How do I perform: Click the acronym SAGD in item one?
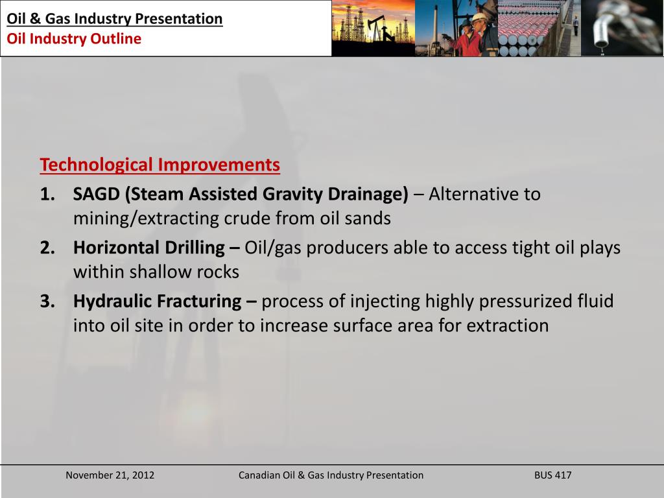coord(96,194)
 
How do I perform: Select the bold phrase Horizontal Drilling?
coord(148,248)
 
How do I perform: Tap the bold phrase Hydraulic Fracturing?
coord(157,302)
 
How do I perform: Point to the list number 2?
coord(47,248)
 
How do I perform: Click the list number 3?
coord(47,302)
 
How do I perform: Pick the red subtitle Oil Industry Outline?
coord(74,38)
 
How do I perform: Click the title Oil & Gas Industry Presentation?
coord(115,19)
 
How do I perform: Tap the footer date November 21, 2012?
coord(110,475)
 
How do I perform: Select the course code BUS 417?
coord(552,475)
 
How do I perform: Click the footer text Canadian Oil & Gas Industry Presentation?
coord(331,475)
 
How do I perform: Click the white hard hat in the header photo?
coord(479,18)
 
